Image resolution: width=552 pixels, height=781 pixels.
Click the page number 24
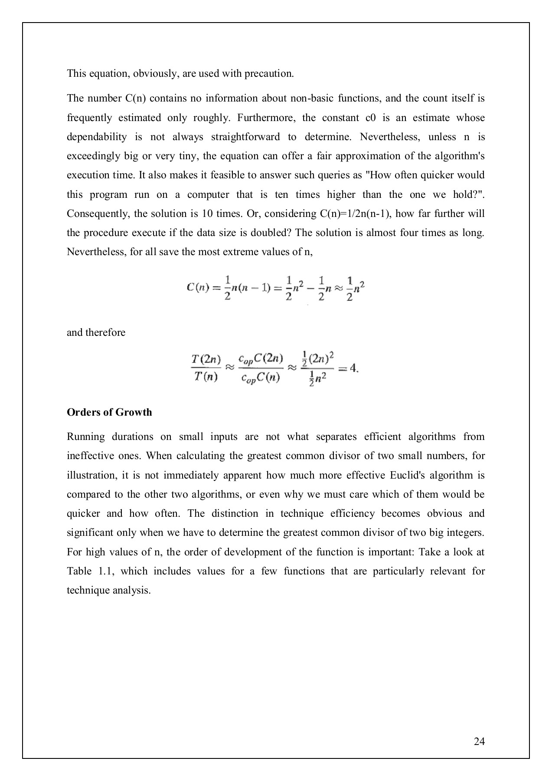pos(479,741)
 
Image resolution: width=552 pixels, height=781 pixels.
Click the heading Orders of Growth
pos(109,412)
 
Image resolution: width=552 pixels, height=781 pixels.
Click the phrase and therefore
pos(96,332)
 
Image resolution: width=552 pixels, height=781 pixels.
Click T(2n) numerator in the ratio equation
pos(206,359)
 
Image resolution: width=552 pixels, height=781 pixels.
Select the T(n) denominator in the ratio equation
pos(206,377)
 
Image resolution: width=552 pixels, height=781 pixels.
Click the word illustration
pos(91,475)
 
